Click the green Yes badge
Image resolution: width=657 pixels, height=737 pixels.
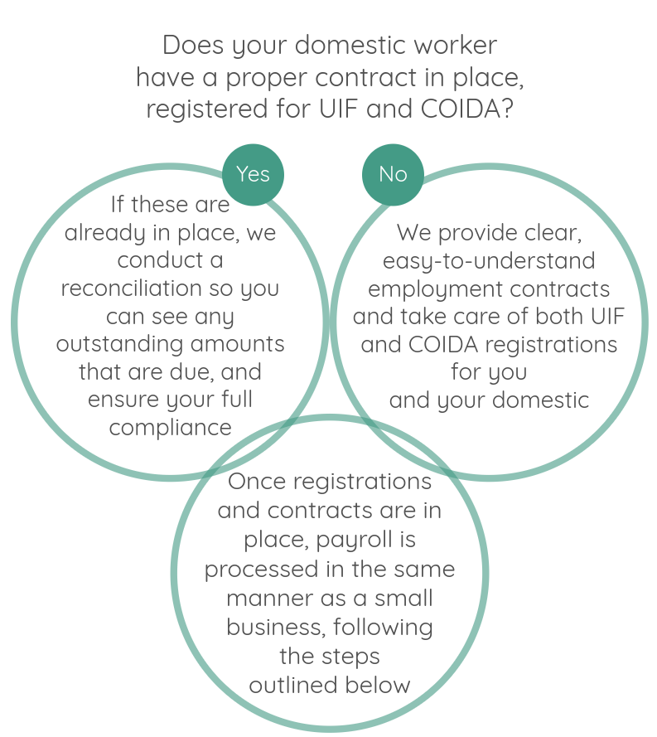pos(253,174)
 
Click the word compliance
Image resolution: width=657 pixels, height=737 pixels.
pos(170,429)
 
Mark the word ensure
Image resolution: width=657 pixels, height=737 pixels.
pos(122,400)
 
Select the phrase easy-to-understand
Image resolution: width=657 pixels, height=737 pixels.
pos(489,262)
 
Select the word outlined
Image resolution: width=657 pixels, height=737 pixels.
pos(291,685)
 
